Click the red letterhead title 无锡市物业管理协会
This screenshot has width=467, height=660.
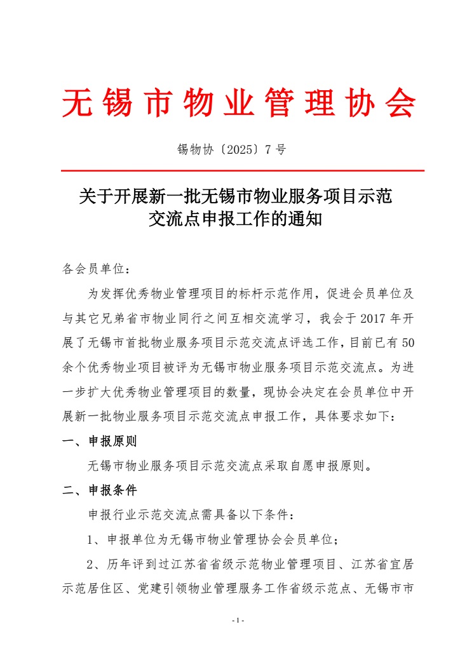click(x=239, y=102)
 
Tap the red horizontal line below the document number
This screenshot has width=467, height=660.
click(x=241, y=171)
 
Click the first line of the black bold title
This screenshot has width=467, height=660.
click(x=236, y=196)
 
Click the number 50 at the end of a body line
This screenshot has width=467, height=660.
click(x=409, y=342)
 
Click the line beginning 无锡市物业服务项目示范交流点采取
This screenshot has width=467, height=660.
click(x=229, y=466)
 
